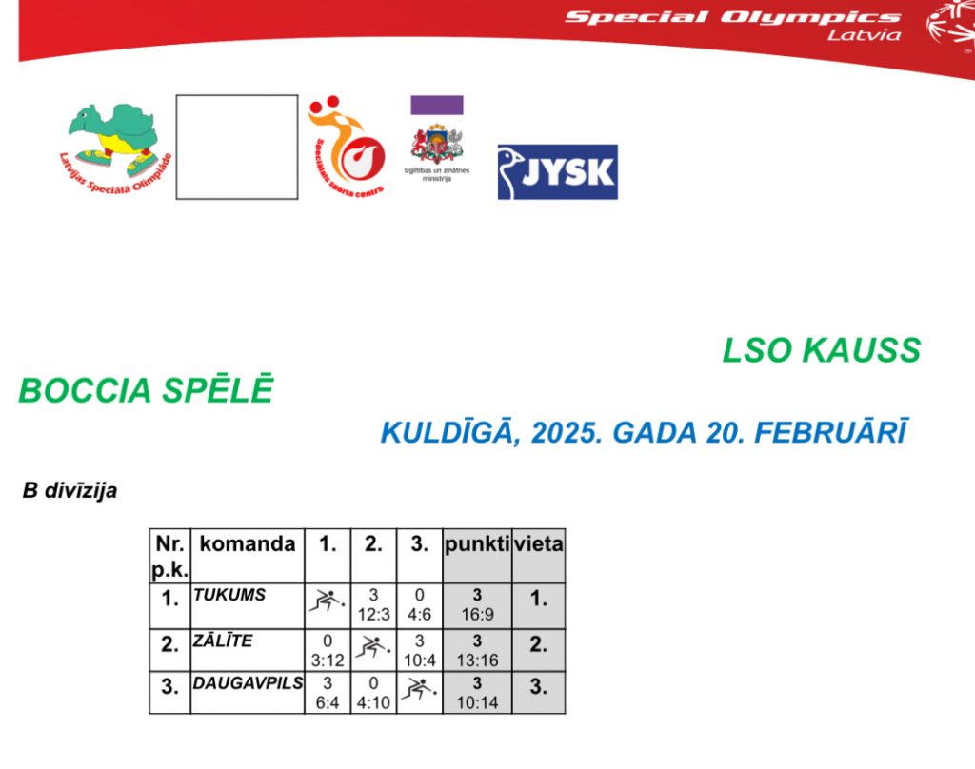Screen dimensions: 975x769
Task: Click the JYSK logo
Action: [558, 172]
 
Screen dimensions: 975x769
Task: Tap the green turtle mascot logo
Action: [114, 148]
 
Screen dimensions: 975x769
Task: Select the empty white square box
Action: [237, 148]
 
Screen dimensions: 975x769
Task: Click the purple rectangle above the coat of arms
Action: [436, 105]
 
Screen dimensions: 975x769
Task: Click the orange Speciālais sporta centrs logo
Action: [347, 148]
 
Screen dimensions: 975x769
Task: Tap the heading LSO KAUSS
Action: [822, 350]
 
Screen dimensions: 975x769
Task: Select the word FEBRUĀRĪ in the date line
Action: [830, 432]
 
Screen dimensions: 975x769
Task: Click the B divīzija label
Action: [70, 490]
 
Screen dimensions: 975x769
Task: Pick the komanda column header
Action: [247, 544]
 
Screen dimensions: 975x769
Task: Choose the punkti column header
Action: [477, 544]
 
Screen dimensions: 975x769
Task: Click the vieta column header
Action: [539, 544]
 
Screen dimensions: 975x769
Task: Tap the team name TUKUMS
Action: [229, 595]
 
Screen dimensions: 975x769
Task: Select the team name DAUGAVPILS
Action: [248, 683]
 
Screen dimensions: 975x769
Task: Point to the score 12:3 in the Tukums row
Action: [373, 615]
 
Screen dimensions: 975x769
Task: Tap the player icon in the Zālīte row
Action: [373, 648]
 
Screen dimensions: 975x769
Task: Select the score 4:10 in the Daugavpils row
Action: [373, 703]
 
